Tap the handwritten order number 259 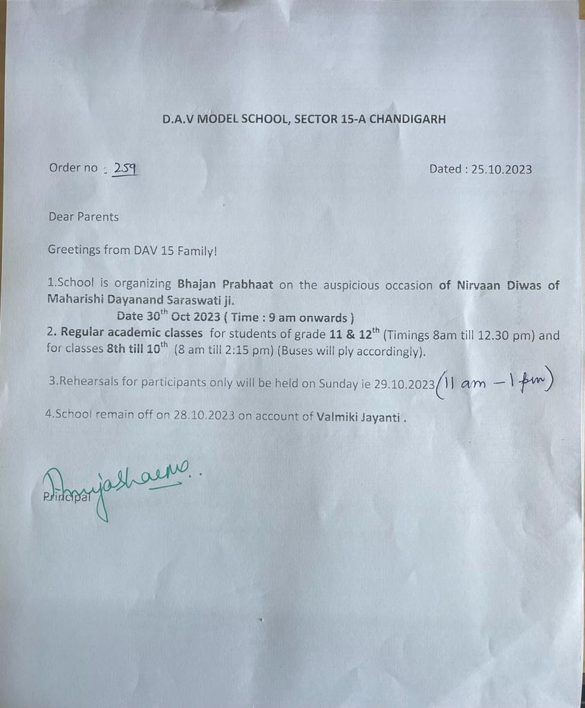[125, 168]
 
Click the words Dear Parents [84, 216]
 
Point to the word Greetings [74, 250]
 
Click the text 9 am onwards [316, 318]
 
